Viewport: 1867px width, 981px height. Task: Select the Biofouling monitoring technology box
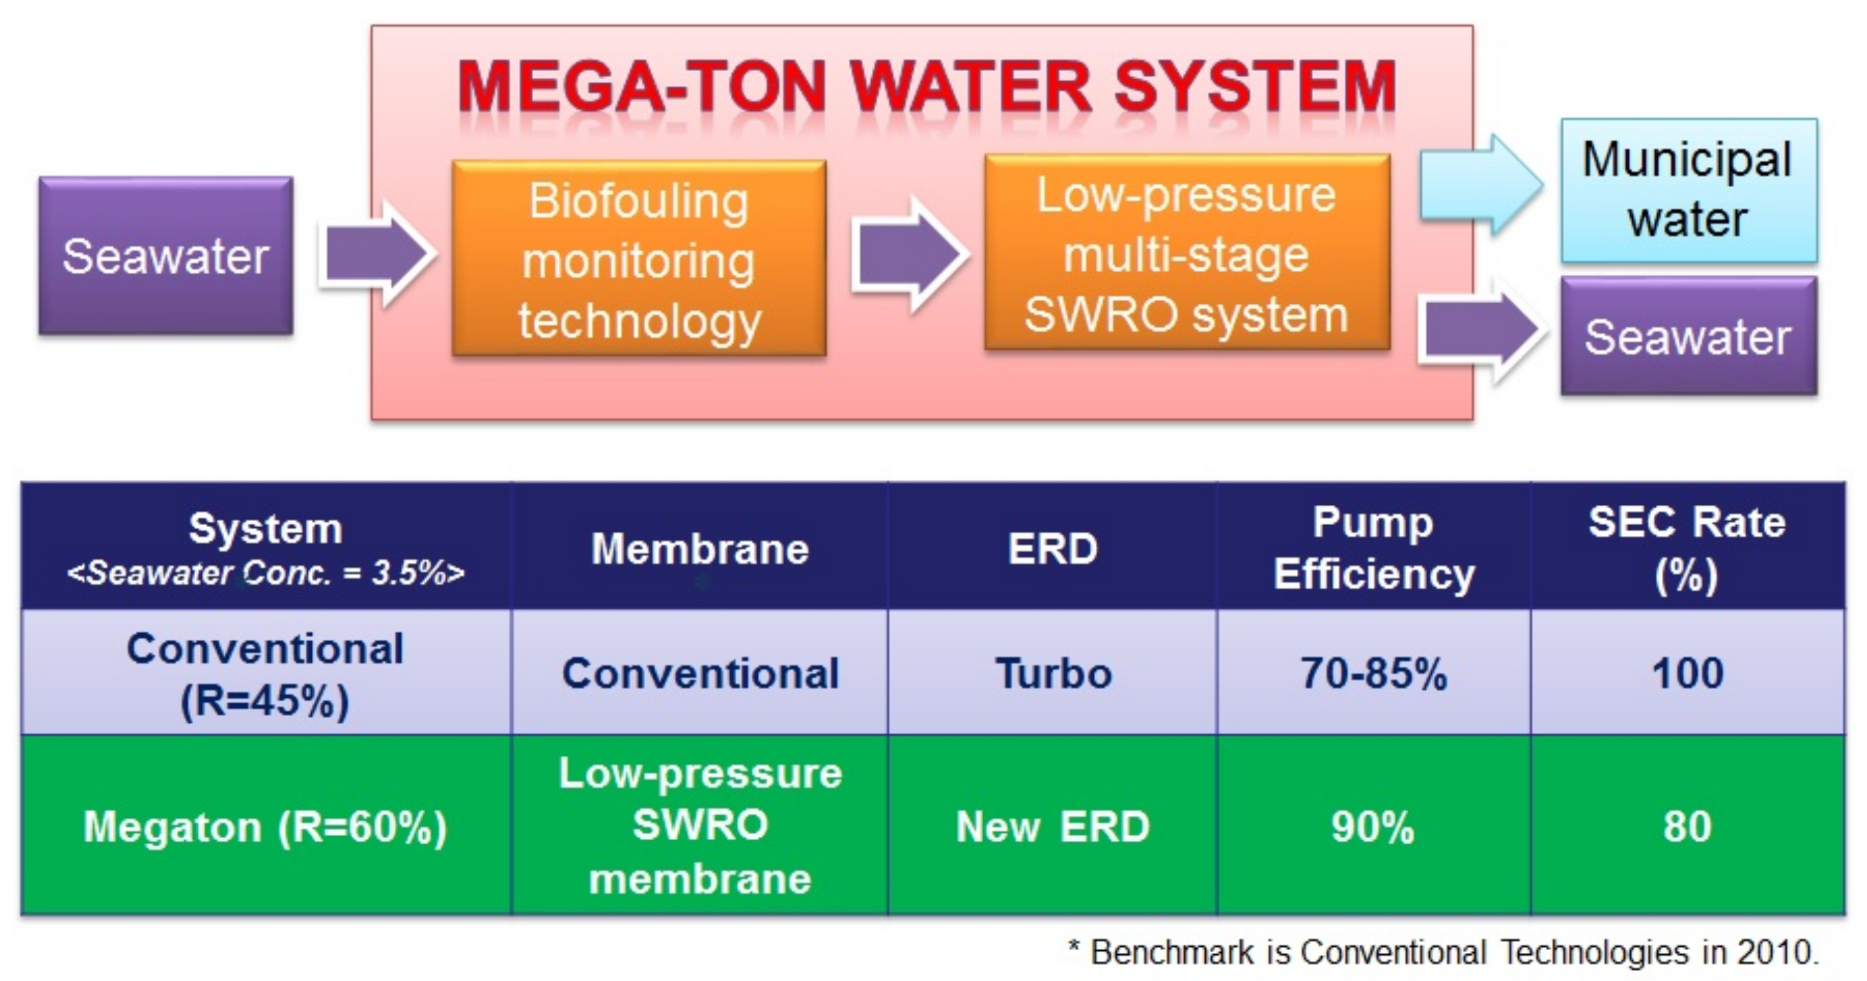pyautogui.click(x=638, y=259)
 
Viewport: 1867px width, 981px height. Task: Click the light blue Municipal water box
pyautogui.click(x=1688, y=190)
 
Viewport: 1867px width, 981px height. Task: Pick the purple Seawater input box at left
pyautogui.click(x=166, y=255)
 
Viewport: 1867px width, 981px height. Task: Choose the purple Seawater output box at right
pyautogui.click(x=1688, y=337)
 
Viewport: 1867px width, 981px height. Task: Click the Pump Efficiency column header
pyautogui.click(x=1374, y=548)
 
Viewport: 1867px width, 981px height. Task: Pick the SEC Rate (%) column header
pyautogui.click(x=1687, y=548)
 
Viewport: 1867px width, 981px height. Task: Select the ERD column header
pyautogui.click(x=1052, y=549)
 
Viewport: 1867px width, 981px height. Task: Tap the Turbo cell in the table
pyautogui.click(x=1053, y=673)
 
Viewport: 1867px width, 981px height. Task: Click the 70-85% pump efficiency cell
pyautogui.click(x=1373, y=673)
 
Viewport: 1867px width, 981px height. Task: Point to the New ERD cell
pyautogui.click(x=1052, y=826)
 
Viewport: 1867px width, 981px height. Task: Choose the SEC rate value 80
pyautogui.click(x=1687, y=826)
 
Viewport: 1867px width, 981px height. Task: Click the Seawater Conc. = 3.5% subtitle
pyautogui.click(x=266, y=573)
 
